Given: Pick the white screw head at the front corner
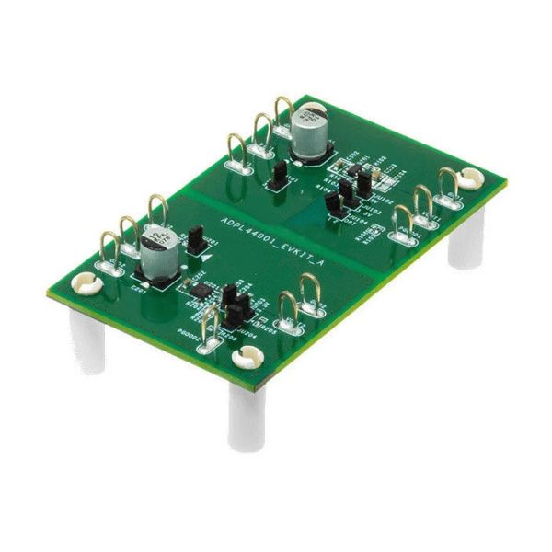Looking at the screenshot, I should click(247, 359).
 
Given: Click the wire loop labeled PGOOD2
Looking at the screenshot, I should click(210, 327).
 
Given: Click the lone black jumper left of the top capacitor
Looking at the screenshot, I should click(273, 175).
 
